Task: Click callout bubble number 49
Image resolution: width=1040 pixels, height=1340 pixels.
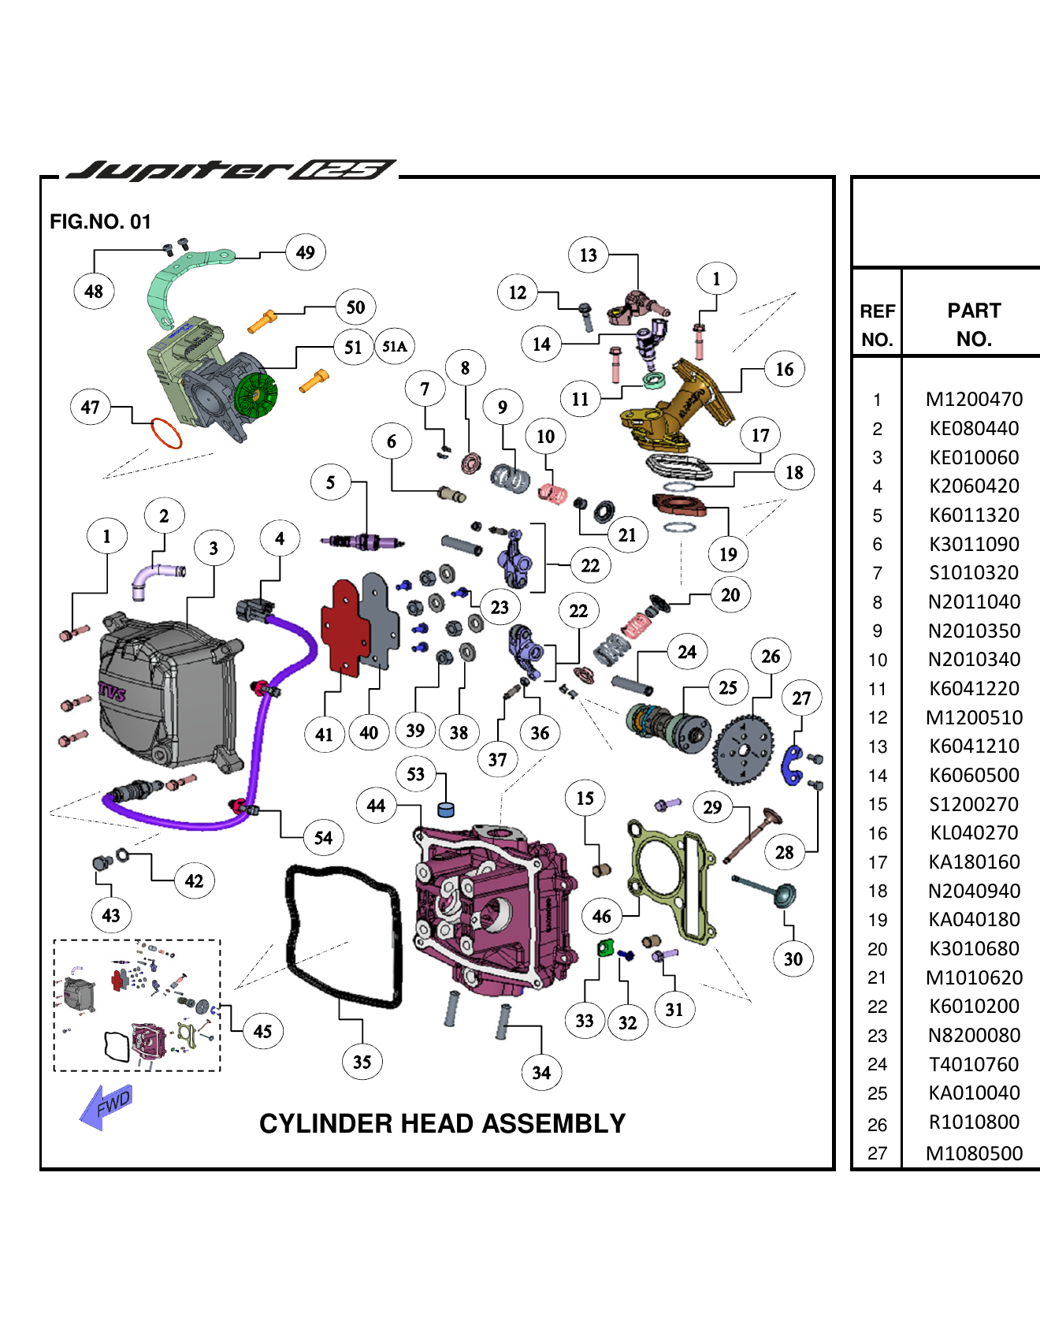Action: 306,252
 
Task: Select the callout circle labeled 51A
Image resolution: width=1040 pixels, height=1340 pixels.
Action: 394,346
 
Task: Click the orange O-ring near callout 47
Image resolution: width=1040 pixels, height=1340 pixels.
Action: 166,433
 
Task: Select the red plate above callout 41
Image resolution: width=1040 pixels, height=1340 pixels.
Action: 344,627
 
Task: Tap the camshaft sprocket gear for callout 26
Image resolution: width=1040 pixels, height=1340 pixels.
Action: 741,750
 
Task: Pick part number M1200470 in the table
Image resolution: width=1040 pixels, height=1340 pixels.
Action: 974,400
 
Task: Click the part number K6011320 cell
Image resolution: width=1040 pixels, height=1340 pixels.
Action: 974,516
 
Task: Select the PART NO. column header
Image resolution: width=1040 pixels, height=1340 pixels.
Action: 974,324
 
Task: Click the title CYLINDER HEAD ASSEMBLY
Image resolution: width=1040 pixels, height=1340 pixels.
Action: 442,1123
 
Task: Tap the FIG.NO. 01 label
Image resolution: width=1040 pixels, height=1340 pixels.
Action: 100,221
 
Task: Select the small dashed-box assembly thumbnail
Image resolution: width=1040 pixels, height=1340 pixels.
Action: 136,1004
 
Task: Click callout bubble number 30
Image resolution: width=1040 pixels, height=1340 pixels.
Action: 793,958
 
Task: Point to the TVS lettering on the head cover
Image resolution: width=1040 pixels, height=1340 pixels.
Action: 112,693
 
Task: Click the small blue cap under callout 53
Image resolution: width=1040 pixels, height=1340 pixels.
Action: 446,810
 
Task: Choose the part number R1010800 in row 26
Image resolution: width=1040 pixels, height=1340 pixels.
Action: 974,1122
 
